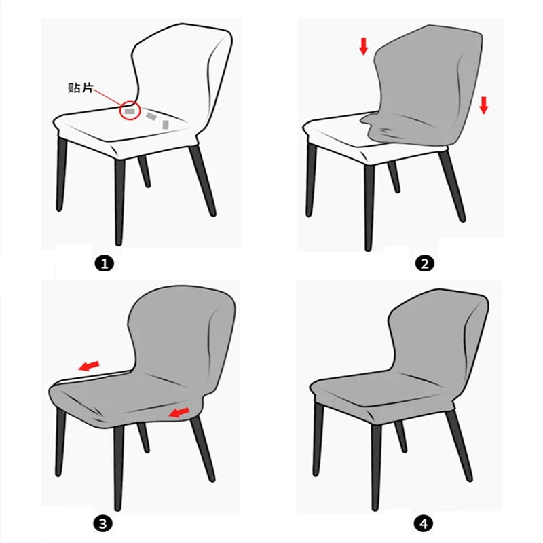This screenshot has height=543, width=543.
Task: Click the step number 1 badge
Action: tap(105, 264)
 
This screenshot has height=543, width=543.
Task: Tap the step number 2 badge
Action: tap(424, 264)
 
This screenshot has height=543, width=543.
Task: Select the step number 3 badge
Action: tap(103, 523)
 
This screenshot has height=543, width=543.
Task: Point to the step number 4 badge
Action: tap(424, 524)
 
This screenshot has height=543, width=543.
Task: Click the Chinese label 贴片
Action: tap(81, 88)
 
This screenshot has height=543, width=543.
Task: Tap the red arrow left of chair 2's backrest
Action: tap(363, 46)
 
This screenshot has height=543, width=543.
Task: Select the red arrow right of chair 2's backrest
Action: tap(484, 105)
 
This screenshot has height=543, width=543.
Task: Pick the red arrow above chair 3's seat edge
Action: tap(89, 366)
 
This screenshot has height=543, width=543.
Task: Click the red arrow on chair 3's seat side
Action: tap(179, 412)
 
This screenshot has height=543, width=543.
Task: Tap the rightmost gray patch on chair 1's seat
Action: tap(166, 125)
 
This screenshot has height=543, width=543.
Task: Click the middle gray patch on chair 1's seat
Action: tap(151, 116)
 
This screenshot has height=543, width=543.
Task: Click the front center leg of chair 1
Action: tap(119, 202)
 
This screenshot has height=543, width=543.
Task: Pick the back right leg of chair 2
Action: tap(451, 185)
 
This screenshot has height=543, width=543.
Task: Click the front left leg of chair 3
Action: tap(60, 442)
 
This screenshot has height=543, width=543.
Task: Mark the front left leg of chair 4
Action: tap(318, 439)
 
